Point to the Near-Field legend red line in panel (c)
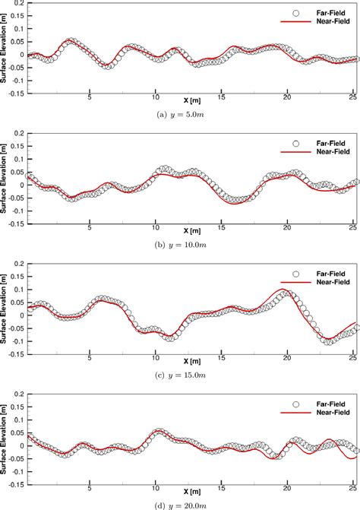[x=296, y=282]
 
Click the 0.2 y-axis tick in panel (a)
[x=18, y=4]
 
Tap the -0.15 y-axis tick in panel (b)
[x=15, y=224]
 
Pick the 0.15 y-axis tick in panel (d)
[x=17, y=406]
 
